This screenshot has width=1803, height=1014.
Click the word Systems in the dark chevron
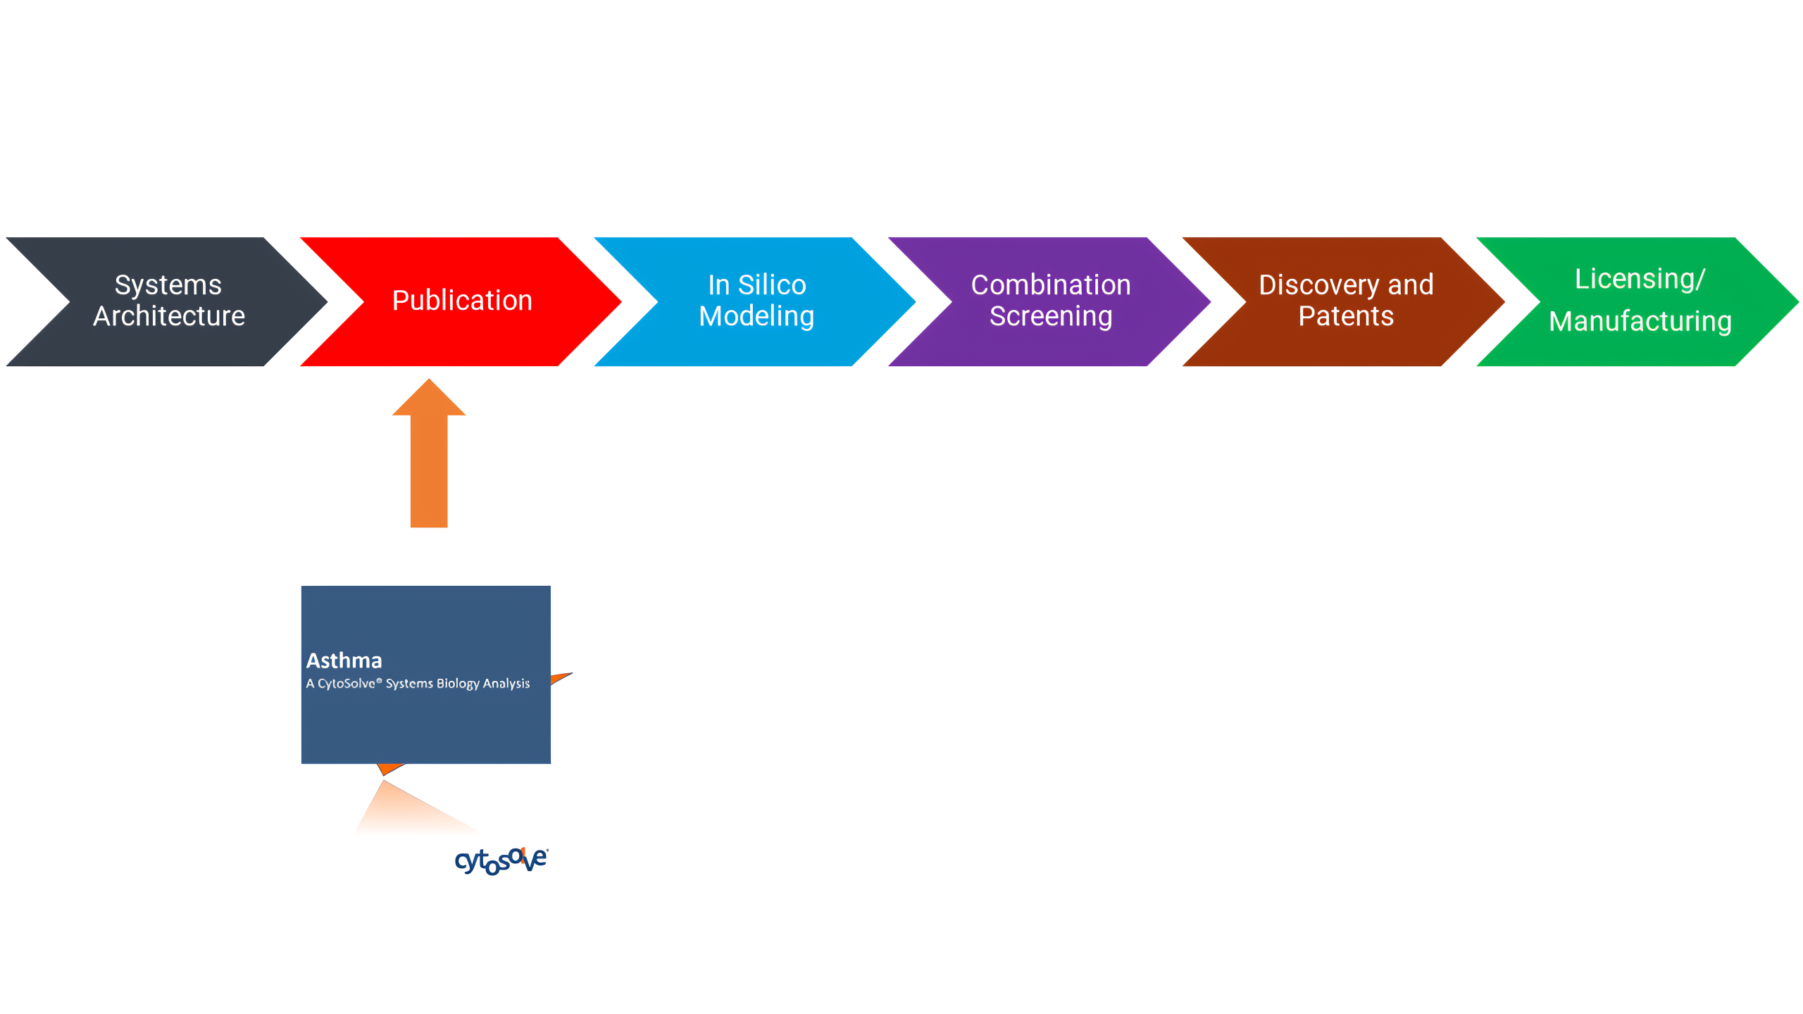168,285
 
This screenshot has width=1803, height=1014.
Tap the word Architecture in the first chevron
169,316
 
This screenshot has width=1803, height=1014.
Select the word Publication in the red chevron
462,301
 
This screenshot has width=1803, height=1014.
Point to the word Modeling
756,317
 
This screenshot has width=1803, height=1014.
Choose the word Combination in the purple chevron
1051,284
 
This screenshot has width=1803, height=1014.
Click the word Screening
1051,317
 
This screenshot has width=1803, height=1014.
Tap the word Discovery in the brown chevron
1318,285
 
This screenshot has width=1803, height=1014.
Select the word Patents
1346,316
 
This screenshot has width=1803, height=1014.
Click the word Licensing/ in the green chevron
1640,279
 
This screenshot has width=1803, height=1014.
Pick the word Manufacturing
1640,321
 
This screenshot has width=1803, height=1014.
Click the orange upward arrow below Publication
429,453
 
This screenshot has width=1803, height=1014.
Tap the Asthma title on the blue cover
344,661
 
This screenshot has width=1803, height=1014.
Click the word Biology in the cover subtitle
458,684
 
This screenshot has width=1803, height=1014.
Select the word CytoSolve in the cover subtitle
347,684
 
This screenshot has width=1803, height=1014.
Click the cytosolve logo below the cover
501,860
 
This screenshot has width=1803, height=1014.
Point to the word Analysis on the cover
506,684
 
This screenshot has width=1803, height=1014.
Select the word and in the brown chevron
1411,285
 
